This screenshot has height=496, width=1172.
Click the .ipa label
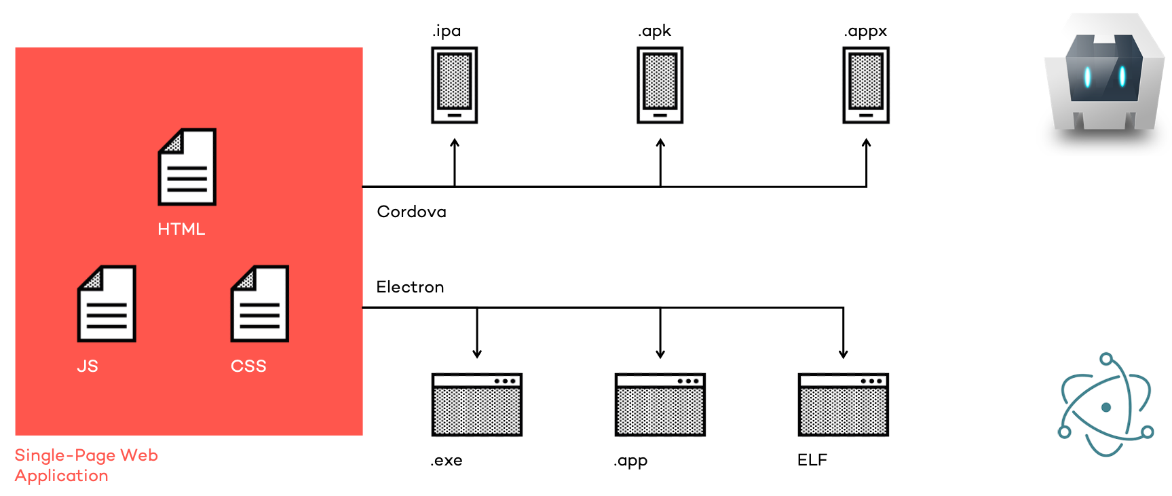pyautogui.click(x=447, y=31)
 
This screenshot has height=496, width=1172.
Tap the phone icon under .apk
pyautogui.click(x=660, y=85)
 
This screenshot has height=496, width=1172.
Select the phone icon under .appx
pyautogui.click(x=865, y=85)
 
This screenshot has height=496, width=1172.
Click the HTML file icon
pyautogui.click(x=187, y=167)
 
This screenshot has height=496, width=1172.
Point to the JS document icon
pyautogui.click(x=107, y=303)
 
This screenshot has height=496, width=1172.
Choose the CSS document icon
pyautogui.click(x=260, y=303)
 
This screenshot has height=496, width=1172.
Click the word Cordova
pyautogui.click(x=411, y=212)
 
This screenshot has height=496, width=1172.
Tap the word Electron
pyautogui.click(x=410, y=287)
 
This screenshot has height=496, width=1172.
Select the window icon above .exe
pyautogui.click(x=476, y=404)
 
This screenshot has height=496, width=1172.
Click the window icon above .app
pyautogui.click(x=660, y=404)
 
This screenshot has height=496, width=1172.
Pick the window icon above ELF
pyautogui.click(x=843, y=404)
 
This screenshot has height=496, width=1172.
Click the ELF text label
pyautogui.click(x=812, y=460)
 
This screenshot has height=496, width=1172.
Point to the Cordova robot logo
pyautogui.click(x=1104, y=78)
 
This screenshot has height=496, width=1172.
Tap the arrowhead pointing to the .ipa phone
pyautogui.click(x=455, y=143)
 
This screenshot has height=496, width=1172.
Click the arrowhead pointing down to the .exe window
pyautogui.click(x=477, y=354)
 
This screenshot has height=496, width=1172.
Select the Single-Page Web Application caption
pyautogui.click(x=86, y=465)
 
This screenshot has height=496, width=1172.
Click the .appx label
pyautogui.click(x=865, y=31)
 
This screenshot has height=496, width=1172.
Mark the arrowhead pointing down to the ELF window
pyautogui.click(x=843, y=354)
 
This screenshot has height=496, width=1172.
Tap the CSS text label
pyautogui.click(x=248, y=366)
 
